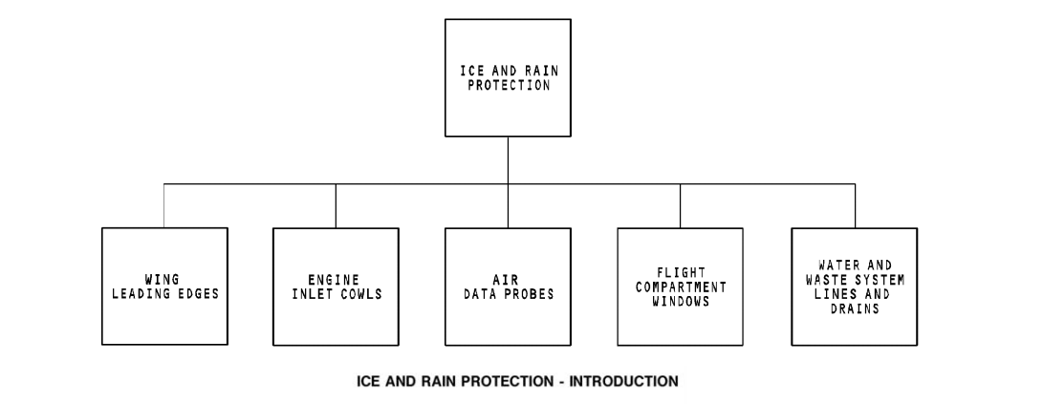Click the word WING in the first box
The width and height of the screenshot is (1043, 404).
(x=164, y=280)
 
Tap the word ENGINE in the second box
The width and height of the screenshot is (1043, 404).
(x=334, y=280)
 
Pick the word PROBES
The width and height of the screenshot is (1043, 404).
(x=530, y=293)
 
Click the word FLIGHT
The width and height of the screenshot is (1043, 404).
(x=680, y=272)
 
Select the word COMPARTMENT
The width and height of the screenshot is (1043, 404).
(x=680, y=287)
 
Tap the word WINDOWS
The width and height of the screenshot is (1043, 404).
(x=680, y=300)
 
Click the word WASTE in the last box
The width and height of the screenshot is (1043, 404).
(x=834, y=280)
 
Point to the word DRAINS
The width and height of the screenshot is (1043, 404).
(x=854, y=308)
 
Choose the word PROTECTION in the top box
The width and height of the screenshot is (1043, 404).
(x=508, y=84)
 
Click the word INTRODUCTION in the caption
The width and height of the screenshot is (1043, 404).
(x=623, y=381)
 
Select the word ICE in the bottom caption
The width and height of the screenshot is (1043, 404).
(x=369, y=381)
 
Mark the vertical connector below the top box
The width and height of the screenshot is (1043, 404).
(x=508, y=159)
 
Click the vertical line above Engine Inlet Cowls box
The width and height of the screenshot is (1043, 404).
(x=336, y=205)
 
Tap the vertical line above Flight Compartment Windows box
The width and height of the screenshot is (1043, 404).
(x=680, y=205)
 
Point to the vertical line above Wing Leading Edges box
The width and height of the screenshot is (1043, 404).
(x=163, y=205)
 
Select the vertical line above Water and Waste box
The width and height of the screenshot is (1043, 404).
(x=855, y=205)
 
